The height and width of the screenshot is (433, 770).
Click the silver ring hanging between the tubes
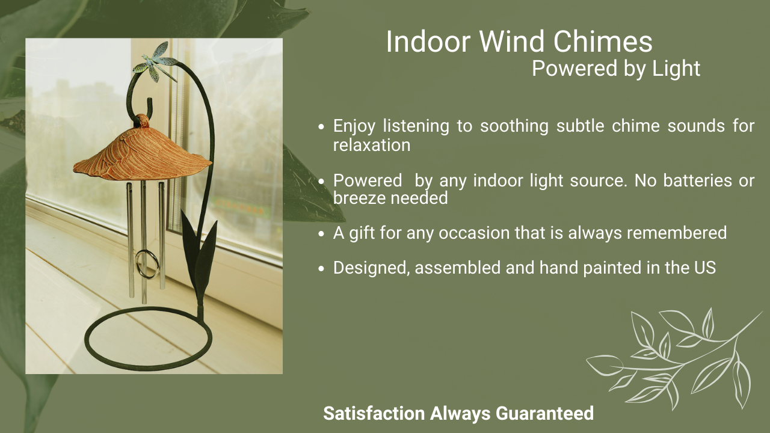pyautogui.click(x=147, y=264)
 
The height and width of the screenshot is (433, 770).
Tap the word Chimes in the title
pyautogui.click(x=603, y=41)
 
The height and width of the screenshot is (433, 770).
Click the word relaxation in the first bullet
pyautogui.click(x=372, y=145)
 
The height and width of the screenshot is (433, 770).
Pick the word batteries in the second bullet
pyautogui.click(x=697, y=180)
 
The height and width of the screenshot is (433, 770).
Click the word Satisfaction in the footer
pyautogui.click(x=374, y=413)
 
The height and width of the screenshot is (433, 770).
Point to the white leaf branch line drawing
pyautogui.click(x=674, y=360)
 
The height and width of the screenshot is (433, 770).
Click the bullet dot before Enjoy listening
pyautogui.click(x=321, y=127)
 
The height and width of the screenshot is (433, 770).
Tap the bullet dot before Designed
pyautogui.click(x=321, y=269)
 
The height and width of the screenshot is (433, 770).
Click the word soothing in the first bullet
pyautogui.click(x=514, y=126)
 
